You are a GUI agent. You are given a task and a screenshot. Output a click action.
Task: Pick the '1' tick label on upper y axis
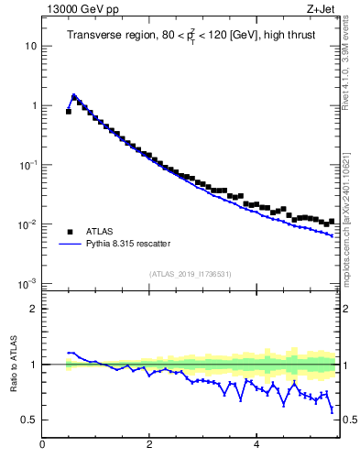coord(33,105)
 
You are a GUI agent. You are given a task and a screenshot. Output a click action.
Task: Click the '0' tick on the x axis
coord(42,445)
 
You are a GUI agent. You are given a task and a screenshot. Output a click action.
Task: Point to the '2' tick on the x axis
coord(149,445)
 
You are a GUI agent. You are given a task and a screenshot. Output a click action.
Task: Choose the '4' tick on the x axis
coord(256,445)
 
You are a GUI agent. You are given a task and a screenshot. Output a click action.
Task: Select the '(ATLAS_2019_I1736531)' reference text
coord(189,274)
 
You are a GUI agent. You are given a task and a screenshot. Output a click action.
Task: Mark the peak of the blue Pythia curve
coord(73,95)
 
